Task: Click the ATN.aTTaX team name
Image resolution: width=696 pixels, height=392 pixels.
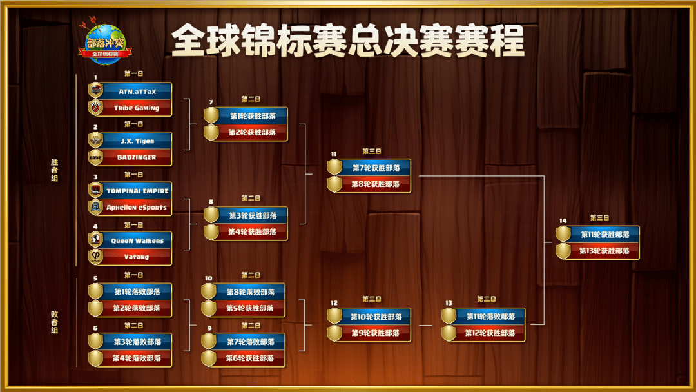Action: coord(137,92)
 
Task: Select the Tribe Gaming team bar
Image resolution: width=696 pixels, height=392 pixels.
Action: coord(130,108)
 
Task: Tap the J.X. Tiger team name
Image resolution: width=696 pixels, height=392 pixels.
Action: coord(137,141)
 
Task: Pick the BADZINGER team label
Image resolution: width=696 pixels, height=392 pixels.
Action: coord(137,157)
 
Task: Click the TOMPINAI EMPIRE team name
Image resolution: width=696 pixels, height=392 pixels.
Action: coord(137,191)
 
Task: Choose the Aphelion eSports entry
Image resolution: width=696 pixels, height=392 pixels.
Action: coord(137,208)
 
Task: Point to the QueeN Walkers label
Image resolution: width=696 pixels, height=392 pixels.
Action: coord(137,240)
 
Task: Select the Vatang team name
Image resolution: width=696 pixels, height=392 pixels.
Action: coord(136,257)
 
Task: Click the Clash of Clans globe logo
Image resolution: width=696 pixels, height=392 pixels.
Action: coord(105,43)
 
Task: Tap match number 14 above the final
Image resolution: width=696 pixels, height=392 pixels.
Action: coord(563,220)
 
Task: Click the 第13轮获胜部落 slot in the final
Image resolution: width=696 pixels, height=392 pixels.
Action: coord(604,251)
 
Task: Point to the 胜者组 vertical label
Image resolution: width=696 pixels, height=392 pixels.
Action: coord(55,170)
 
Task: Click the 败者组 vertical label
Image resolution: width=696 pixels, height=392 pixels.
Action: coord(55,322)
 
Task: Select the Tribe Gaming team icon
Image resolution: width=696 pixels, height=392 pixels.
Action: coord(95,108)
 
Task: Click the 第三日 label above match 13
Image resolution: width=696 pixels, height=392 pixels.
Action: coord(487,299)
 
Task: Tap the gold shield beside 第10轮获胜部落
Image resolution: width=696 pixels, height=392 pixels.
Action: coord(334,317)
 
